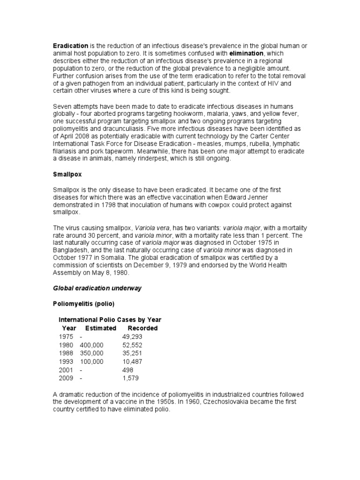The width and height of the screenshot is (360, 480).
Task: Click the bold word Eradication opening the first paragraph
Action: tap(70, 46)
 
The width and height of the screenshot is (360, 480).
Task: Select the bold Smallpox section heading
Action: tap(67, 174)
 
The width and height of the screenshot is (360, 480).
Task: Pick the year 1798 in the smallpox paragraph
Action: tap(123, 204)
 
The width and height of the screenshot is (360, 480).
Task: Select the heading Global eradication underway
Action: tap(97, 288)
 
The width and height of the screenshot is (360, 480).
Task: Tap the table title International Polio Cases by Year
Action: tap(110, 320)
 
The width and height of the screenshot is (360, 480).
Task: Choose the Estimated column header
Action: tap(100, 328)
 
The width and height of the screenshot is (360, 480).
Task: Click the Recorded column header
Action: tap(142, 328)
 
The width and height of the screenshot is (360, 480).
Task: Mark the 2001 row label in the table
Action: tap(67, 369)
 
